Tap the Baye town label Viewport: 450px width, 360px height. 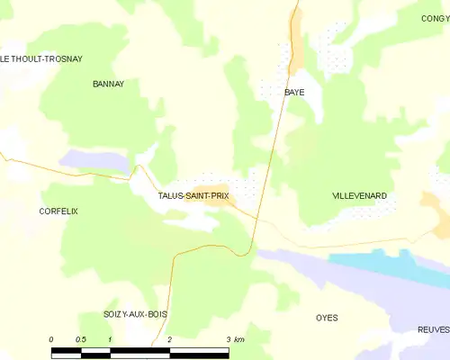(x=294, y=93)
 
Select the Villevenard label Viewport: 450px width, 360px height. (x=359, y=195)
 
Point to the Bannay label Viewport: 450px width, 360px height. (x=108, y=84)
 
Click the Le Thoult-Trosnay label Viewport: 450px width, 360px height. (x=41, y=59)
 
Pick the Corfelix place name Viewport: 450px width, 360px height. (x=58, y=211)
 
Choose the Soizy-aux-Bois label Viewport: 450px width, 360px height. (x=135, y=314)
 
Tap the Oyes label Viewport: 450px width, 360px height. (x=327, y=318)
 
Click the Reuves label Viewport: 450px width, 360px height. (x=433, y=330)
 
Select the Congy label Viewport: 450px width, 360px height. (x=435, y=18)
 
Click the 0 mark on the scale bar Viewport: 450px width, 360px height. (x=51, y=339)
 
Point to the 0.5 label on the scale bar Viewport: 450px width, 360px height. (x=81, y=339)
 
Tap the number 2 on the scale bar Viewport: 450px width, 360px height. (x=169, y=339)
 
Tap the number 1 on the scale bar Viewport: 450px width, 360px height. (x=110, y=339)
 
